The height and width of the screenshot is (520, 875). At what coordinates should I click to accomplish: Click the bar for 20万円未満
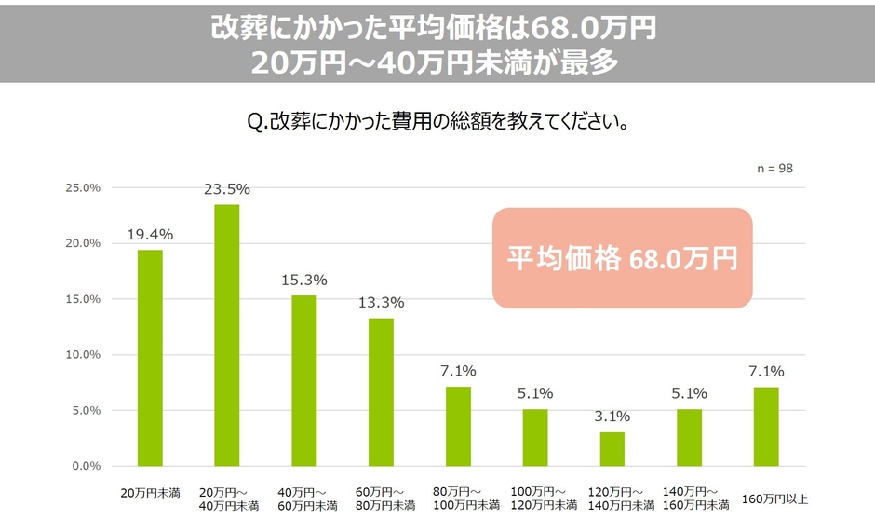pyautogui.click(x=150, y=358)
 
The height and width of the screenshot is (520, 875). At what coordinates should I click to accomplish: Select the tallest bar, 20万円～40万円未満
pyautogui.click(x=227, y=335)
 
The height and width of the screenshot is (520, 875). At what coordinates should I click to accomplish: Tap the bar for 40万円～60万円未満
pyautogui.click(x=304, y=380)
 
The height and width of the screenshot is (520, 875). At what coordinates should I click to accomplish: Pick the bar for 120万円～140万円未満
pyautogui.click(x=612, y=449)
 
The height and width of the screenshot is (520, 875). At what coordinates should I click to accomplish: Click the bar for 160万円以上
pyautogui.click(x=766, y=426)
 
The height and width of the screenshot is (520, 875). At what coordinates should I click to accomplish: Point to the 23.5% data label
pyautogui.click(x=227, y=189)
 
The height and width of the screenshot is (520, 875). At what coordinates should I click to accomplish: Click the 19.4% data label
pyautogui.click(x=150, y=235)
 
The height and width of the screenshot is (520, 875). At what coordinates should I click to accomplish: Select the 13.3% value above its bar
pyautogui.click(x=382, y=303)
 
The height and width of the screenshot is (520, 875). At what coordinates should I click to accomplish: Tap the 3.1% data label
pyautogui.click(x=612, y=417)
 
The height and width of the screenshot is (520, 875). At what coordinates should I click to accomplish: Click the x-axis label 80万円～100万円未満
pyautogui.click(x=459, y=499)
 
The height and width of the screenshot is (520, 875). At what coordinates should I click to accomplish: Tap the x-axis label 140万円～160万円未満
pyautogui.click(x=690, y=499)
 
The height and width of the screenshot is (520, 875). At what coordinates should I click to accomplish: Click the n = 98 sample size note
pyautogui.click(x=774, y=169)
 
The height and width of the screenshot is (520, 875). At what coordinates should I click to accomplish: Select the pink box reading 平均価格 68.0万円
pyautogui.click(x=621, y=258)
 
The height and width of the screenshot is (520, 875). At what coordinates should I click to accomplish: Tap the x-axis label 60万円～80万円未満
pyautogui.click(x=382, y=499)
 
